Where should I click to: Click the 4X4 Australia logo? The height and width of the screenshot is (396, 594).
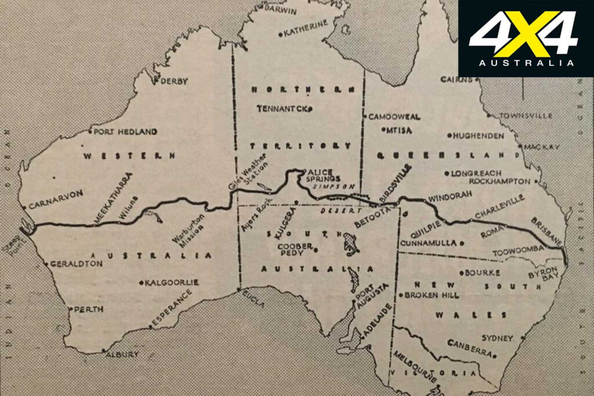pyautogui.click(x=526, y=38)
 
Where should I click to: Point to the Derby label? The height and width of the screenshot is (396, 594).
pyautogui.click(x=174, y=82)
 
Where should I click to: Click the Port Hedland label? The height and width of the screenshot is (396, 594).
pyautogui.click(x=125, y=132)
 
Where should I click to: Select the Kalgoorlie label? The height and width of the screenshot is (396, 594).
pyautogui.click(x=172, y=282)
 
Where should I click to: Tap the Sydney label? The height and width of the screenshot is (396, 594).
pyautogui.click(x=498, y=338)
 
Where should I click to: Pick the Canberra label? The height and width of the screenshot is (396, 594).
pyautogui.click(x=470, y=347)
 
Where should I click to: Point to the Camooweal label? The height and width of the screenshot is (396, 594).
pyautogui.click(x=394, y=117)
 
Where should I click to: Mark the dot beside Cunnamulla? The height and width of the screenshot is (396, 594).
pyautogui.click(x=462, y=243)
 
